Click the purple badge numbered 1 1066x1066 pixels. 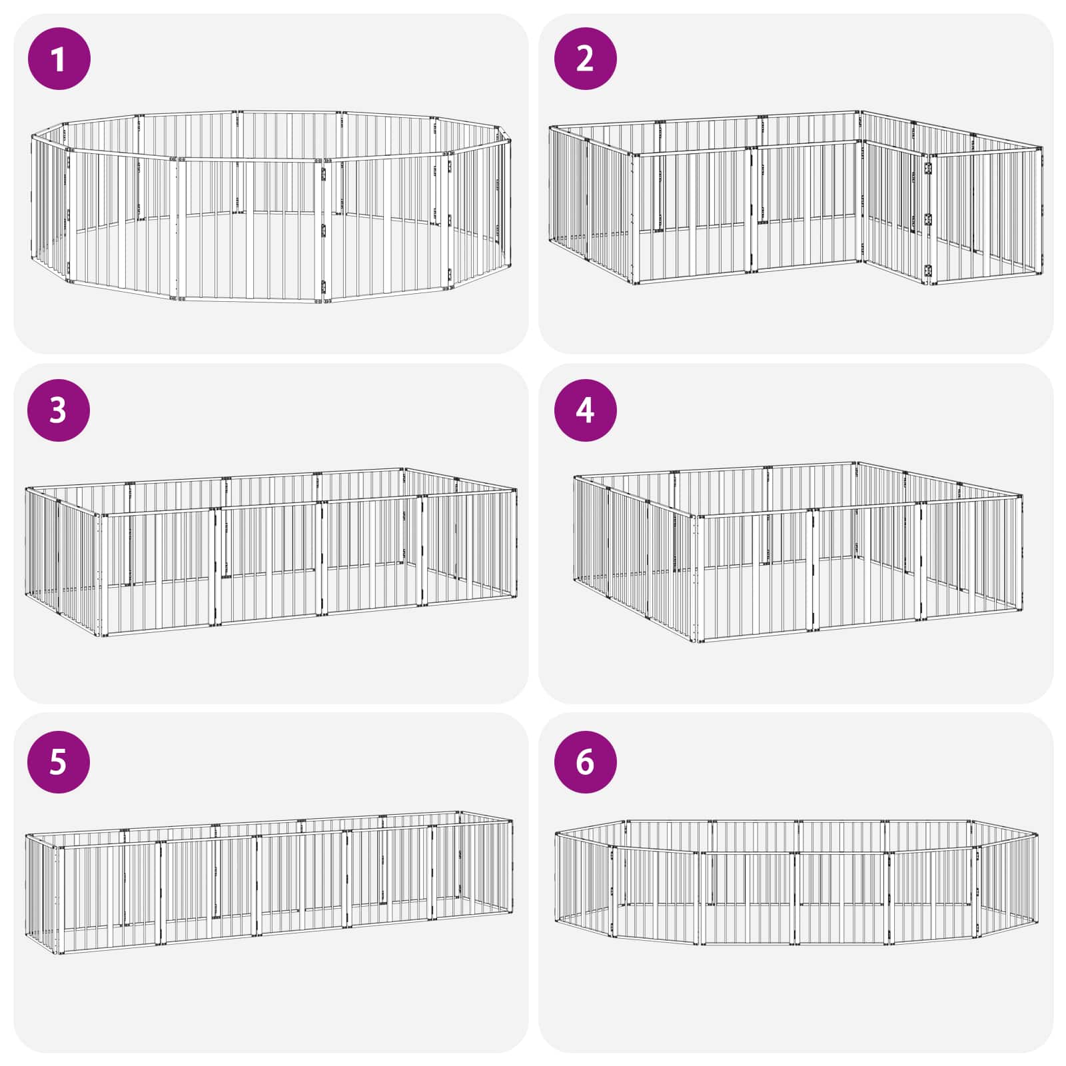click(x=59, y=59)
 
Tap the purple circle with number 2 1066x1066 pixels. click(x=585, y=59)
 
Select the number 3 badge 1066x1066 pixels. click(x=59, y=410)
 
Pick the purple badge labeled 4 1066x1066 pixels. click(x=585, y=410)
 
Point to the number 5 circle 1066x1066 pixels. click(x=59, y=762)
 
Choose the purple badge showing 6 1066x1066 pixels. click(x=585, y=762)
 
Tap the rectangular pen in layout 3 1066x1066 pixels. click(x=271, y=553)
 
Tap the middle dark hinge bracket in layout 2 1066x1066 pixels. click(x=927, y=219)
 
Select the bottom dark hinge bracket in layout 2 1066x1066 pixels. click(x=927, y=272)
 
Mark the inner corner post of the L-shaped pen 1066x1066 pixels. click(x=863, y=200)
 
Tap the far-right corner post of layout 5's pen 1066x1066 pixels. click(x=512, y=867)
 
